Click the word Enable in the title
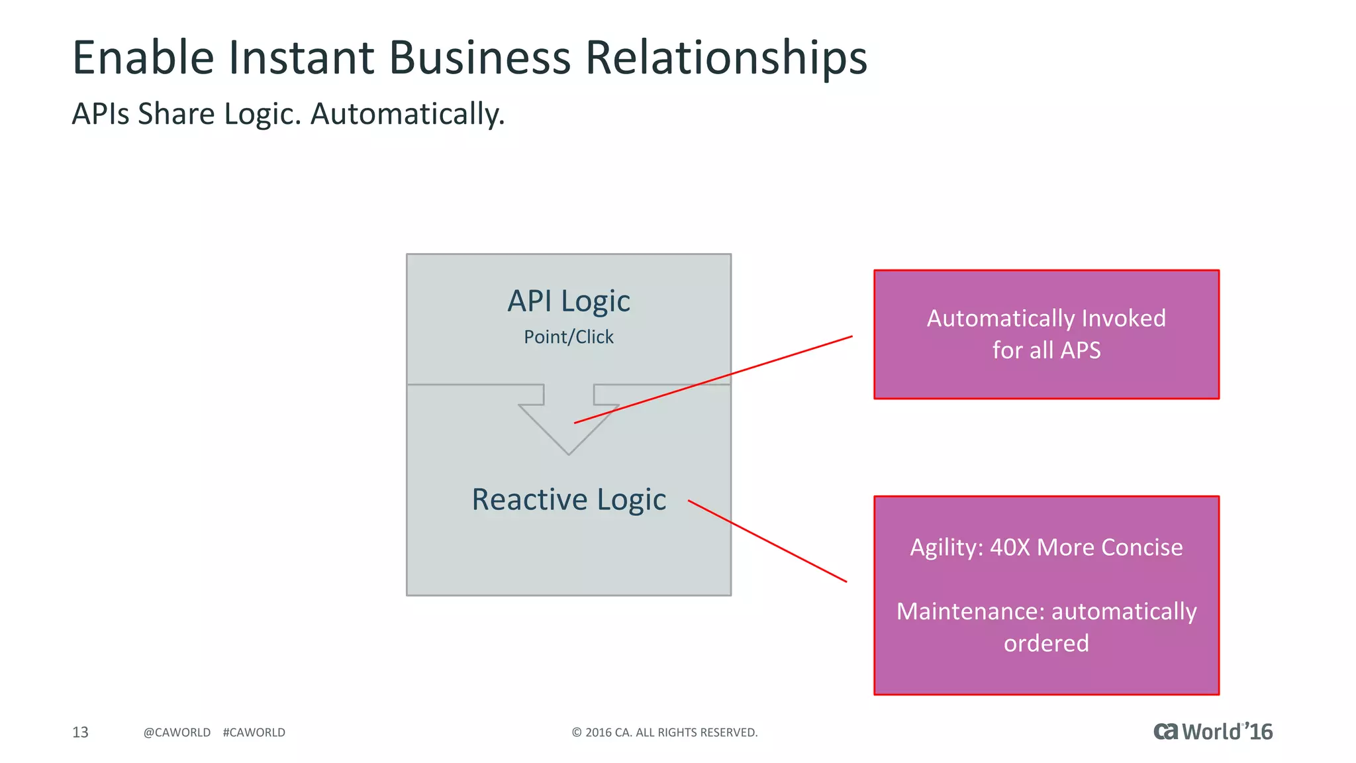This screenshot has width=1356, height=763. (143, 58)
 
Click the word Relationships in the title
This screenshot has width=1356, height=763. (726, 58)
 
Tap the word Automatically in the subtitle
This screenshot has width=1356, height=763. (407, 114)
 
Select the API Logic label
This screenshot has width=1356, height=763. (568, 301)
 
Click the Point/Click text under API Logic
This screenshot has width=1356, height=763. (568, 337)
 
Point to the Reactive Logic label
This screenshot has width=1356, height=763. (568, 499)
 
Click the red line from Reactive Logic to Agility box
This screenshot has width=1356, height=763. (768, 541)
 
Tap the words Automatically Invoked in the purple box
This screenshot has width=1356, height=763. (1045, 319)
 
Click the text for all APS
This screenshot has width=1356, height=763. (1045, 350)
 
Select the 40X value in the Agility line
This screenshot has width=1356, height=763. (1010, 548)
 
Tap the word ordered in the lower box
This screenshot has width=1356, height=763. (1045, 643)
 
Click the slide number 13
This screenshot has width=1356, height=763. (80, 732)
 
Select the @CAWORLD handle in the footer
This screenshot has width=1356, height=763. (177, 733)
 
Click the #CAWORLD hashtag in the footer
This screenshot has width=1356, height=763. (254, 733)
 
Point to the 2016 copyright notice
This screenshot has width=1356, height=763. (664, 733)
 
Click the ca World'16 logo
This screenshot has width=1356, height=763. (1212, 731)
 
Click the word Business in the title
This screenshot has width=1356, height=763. (479, 58)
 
